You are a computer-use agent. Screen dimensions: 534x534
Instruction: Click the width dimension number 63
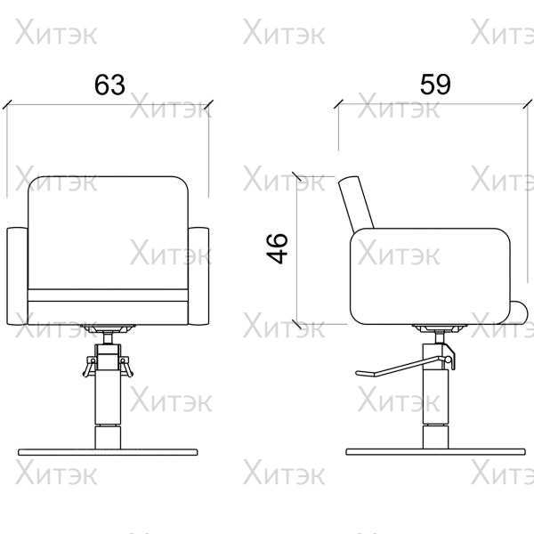click(x=109, y=85)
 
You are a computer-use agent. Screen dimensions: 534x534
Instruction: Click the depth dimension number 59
click(x=435, y=85)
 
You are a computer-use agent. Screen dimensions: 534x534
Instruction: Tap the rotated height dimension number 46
click(x=277, y=248)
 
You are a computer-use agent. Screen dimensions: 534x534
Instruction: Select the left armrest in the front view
click(x=18, y=276)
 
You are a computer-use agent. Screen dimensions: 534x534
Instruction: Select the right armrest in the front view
click(x=198, y=276)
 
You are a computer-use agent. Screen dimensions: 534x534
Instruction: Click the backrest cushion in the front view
click(x=108, y=232)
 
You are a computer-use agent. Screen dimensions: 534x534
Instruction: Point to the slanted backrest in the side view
click(x=356, y=203)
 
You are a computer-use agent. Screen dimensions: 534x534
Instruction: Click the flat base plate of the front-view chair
click(x=108, y=452)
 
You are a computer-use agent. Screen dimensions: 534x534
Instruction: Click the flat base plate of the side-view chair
click(x=435, y=452)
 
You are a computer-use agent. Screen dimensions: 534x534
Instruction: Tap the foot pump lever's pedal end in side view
click(x=365, y=373)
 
